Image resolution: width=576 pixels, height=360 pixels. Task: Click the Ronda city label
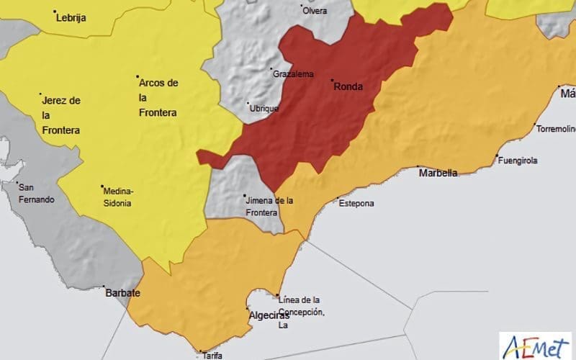pos(348,87)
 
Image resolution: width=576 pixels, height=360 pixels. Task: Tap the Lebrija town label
pos(72,18)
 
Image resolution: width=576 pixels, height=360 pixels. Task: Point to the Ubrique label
pos(264,107)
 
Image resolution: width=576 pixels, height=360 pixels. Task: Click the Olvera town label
pos(315,11)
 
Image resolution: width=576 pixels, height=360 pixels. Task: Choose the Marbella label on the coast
pos(438,173)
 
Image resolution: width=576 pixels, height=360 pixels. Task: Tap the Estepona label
pos(356,203)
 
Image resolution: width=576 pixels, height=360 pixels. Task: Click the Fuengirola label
pos(518,161)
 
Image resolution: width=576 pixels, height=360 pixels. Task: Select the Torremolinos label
pos(556,129)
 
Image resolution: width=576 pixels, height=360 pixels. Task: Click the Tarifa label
pos(212,355)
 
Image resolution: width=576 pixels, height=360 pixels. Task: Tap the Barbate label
pos(122,294)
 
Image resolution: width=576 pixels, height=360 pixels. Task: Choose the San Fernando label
pos(36,193)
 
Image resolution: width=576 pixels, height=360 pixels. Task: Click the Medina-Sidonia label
pos(118,197)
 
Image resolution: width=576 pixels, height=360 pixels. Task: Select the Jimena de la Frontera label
pos(269,207)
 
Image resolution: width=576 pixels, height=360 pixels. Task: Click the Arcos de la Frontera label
pos(158,98)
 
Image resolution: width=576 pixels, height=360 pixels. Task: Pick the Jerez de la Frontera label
pos(61,115)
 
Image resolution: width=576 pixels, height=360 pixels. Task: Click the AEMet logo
pos(536,343)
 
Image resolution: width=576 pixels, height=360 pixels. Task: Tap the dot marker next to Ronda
pos(332,80)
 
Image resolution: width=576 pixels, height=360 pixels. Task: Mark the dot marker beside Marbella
pos(420,167)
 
